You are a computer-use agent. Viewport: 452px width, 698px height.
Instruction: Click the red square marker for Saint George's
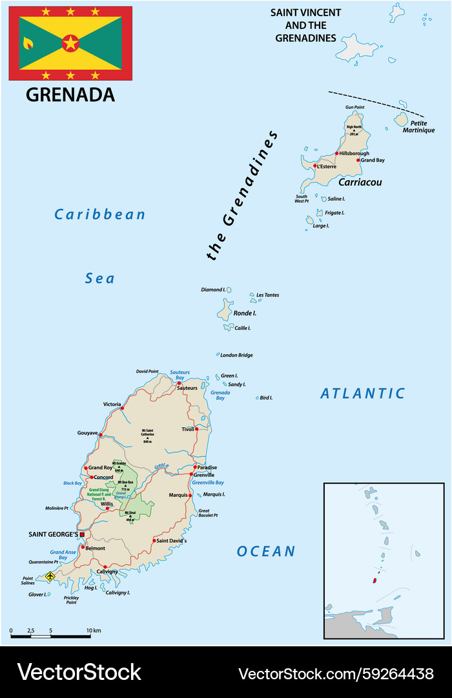82,534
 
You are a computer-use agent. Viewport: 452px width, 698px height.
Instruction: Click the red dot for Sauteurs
180,383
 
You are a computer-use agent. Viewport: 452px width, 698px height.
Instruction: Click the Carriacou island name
360,182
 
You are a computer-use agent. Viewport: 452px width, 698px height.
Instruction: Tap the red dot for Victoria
122,408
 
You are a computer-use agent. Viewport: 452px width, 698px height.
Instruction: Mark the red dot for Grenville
191,474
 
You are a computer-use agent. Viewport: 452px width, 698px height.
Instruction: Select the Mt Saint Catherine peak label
147,432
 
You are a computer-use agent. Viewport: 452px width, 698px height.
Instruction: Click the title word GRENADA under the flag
70,94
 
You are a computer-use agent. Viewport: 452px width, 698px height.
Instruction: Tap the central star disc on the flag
70,43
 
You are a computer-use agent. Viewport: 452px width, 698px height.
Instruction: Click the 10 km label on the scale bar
94,629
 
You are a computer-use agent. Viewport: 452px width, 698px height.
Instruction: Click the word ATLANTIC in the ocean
362,393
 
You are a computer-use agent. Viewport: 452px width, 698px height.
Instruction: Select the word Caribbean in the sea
100,215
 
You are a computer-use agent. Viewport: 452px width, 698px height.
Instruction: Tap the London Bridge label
236,355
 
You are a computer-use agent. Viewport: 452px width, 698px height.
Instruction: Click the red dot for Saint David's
154,540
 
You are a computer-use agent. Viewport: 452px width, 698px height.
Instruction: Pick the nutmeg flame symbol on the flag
28,43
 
